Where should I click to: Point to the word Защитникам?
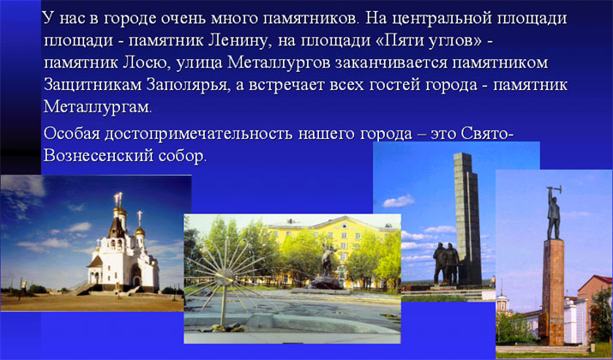point(93,86)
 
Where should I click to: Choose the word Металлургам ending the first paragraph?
point(97,107)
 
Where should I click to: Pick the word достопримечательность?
point(198,134)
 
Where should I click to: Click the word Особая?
point(71,134)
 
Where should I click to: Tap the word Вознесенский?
point(99,155)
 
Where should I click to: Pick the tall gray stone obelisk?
point(467,219)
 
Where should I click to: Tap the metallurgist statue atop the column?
point(553,213)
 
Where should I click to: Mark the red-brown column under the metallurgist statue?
point(553,292)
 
